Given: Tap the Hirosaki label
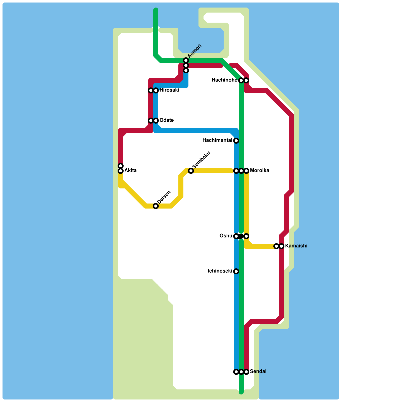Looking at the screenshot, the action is click(169, 90).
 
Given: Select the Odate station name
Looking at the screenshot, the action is click(166, 120).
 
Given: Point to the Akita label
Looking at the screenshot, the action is click(130, 171).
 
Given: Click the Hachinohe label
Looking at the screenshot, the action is click(224, 80).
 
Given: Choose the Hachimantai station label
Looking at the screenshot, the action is click(217, 140).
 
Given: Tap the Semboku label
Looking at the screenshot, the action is click(201, 160).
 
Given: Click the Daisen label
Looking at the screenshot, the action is click(164, 197).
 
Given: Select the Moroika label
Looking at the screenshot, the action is click(259, 171).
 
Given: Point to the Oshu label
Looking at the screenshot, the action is click(226, 236).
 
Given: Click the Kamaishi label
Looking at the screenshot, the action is click(296, 246).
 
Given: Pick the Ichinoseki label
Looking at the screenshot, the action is click(220, 271).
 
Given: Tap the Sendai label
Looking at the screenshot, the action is click(258, 372).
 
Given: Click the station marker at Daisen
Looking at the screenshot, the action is click(156, 206).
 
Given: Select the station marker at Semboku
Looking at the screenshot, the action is click(191, 171).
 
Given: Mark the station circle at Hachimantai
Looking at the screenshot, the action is click(236, 141).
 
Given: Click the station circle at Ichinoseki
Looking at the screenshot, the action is click(236, 271).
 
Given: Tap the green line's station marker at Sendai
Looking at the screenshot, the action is click(241, 372).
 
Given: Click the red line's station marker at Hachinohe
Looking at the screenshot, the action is click(246, 80).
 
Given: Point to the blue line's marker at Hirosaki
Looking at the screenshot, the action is click(156, 90).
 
